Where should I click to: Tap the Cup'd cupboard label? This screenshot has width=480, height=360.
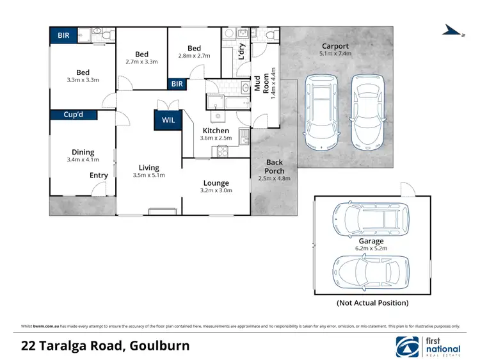(x=79, y=115)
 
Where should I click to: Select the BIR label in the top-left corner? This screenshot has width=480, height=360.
(x=65, y=35)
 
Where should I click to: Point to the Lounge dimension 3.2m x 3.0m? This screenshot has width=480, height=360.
(x=216, y=190)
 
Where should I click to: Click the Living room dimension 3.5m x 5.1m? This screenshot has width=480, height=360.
(x=148, y=175)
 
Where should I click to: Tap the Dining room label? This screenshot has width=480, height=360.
(x=83, y=152)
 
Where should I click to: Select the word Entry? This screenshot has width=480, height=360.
(x=99, y=175)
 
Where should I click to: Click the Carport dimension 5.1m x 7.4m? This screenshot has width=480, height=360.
(x=335, y=54)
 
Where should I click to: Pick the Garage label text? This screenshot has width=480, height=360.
(x=371, y=241)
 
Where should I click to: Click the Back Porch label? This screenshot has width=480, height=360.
(x=274, y=167)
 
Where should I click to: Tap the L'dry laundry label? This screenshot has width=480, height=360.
(x=242, y=51)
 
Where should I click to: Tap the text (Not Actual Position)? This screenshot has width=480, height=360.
(x=372, y=303)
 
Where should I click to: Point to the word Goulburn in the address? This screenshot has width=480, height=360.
(x=159, y=347)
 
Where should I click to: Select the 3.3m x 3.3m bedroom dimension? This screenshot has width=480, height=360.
(x=83, y=80)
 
